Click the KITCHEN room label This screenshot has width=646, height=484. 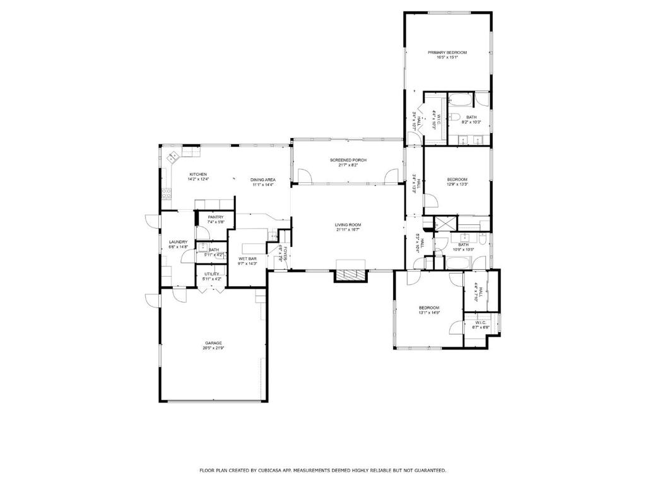point(198,175)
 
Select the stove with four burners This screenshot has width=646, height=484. point(167,194)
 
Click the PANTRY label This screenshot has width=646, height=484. point(216,217)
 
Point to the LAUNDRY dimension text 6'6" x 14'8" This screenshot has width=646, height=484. point(178,247)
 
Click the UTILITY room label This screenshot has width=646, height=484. point(211,274)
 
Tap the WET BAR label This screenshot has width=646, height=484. point(247,259)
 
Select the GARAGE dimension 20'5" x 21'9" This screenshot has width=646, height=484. point(213,348)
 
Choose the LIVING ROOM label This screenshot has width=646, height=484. point(348,225)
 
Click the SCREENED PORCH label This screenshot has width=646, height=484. point(344,160)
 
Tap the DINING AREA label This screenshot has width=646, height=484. point(262,180)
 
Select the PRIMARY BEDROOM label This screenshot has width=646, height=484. point(447,52)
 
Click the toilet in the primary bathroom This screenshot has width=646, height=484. point(454,116)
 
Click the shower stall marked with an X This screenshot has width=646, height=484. point(445,223)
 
